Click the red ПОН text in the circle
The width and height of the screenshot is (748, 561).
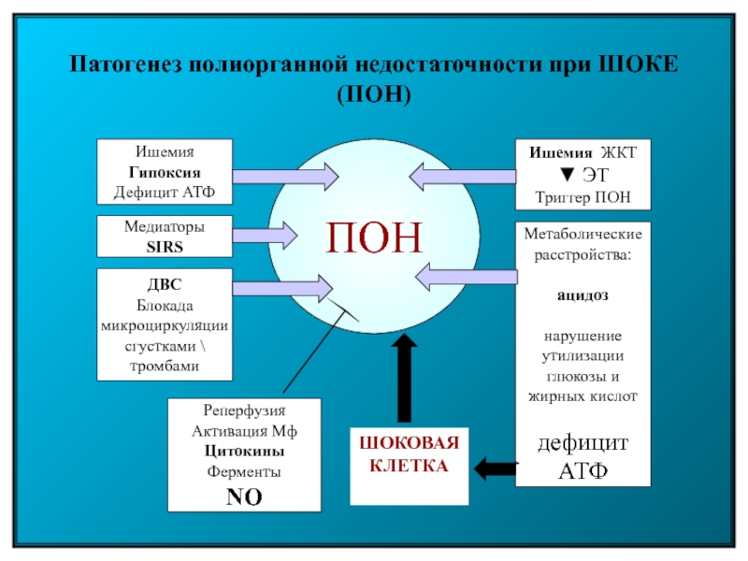pos(374,237)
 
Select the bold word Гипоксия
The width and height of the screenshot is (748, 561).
pos(165,172)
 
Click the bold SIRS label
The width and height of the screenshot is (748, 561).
pos(165,247)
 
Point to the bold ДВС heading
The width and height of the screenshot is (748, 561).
pos(165,284)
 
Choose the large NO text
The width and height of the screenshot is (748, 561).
pos(244,496)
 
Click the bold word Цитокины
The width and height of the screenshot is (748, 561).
pos(244,451)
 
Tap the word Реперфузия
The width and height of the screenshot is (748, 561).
pos(244,410)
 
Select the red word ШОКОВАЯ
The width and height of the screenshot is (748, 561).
pos(409,442)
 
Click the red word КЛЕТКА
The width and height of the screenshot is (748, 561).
pos(409,466)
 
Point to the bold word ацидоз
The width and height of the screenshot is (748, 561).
pos(583,295)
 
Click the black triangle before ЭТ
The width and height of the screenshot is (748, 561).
pos(567,175)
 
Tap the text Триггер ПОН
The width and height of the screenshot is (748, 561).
pos(583,197)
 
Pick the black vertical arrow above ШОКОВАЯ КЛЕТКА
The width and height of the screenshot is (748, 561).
pos(404,378)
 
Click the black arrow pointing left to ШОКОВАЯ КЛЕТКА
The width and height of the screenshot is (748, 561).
pos(496,468)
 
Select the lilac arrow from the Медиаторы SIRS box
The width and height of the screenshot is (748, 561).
pos(266,236)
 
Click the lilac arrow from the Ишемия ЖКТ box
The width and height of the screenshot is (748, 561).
pos(463,177)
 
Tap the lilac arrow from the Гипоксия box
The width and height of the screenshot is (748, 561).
pos(286,177)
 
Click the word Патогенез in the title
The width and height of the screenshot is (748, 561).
pos(125,64)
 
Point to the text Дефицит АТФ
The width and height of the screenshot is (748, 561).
pos(165,192)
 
